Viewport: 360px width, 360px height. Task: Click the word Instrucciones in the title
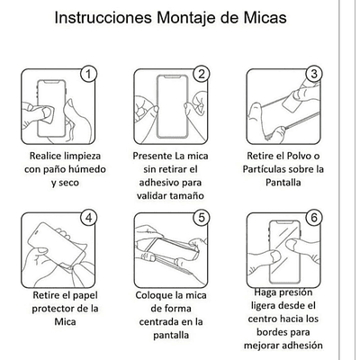(x=103, y=17)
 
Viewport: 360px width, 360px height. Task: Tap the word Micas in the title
(x=265, y=17)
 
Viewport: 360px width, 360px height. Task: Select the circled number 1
(x=88, y=74)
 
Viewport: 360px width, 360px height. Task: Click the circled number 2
(x=202, y=74)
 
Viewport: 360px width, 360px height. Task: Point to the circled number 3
(x=314, y=74)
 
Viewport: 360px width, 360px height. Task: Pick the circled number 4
(x=88, y=218)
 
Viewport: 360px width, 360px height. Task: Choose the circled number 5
(x=202, y=218)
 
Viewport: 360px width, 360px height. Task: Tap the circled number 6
(x=314, y=218)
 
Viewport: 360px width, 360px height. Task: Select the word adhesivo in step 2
(x=156, y=183)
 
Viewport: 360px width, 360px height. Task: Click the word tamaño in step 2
(x=187, y=196)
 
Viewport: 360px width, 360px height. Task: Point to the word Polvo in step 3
(x=298, y=156)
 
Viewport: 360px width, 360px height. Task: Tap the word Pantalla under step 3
(x=283, y=183)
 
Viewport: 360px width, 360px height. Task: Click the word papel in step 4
(x=84, y=295)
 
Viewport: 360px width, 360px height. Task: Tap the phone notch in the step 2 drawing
(x=173, y=78)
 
